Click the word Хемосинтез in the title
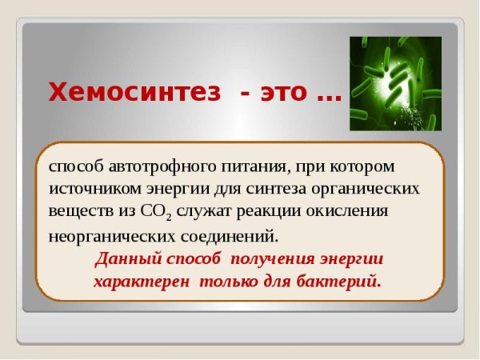tap(134, 92)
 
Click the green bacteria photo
tap(394, 83)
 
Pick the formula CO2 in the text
tap(156, 213)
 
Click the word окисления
tap(350, 211)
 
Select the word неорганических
tap(108, 236)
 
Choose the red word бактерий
tap(339, 282)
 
